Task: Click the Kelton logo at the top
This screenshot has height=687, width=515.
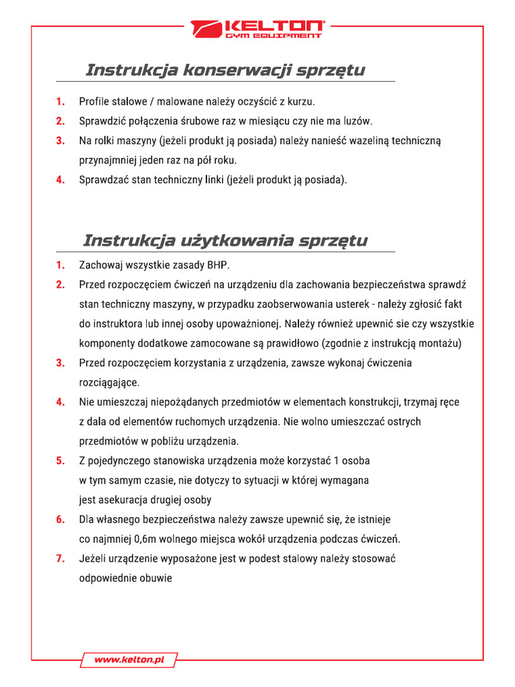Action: point(257,29)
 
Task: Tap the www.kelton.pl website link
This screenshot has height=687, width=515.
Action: point(129,660)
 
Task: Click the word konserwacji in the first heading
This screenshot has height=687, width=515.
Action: point(232,70)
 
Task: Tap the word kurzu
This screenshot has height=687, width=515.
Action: point(300,102)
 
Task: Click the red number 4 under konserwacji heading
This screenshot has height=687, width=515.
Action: point(60,180)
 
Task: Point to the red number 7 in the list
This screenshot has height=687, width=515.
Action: point(60,559)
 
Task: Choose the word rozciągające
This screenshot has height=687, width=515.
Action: point(109,382)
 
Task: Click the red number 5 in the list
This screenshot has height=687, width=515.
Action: point(60,461)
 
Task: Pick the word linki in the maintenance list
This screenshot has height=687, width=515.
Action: point(212,180)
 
